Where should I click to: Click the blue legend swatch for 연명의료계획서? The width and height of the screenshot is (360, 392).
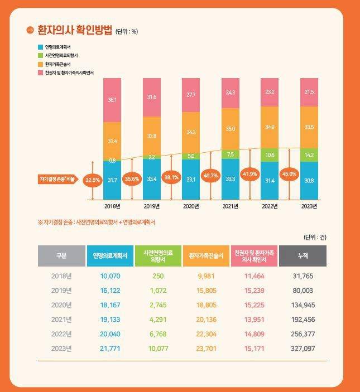[x=40, y=47]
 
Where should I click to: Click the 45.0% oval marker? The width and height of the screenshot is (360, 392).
[x=289, y=173]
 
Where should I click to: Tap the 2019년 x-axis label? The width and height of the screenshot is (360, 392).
[x=152, y=206]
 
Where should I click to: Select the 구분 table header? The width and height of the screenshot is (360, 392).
[x=61, y=256]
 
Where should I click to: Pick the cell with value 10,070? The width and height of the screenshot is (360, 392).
[x=111, y=276]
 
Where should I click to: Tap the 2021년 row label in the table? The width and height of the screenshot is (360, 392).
[x=61, y=320]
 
